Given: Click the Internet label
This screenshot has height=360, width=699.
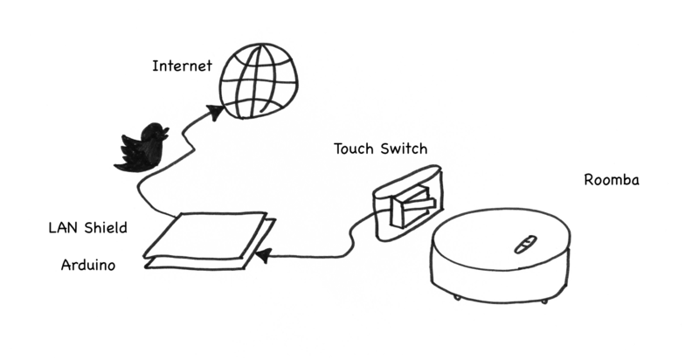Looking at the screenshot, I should pos(182,66).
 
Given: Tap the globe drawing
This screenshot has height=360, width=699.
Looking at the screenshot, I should pos(257,80).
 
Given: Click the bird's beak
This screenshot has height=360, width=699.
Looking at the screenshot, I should pos(166,132).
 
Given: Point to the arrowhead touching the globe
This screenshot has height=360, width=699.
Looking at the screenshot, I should pos(212,113).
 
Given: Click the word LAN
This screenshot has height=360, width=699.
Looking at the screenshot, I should pos(64,228).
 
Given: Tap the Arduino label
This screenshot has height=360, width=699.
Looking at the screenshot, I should pos(88,264).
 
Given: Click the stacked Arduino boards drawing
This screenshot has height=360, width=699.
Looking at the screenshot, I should pos(207,239).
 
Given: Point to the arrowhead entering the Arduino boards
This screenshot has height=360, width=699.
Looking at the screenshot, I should pos(262,255).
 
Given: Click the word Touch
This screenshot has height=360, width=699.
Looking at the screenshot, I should pos(354,148).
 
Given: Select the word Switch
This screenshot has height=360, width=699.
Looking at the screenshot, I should pos(403,148).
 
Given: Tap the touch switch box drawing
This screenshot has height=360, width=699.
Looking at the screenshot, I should pos(407,203).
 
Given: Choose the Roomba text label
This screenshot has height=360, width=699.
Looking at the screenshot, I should pos(612,181).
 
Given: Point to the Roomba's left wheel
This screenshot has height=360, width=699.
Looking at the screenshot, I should pos(458,299).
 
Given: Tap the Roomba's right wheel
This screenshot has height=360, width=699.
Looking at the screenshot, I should pos(543,301).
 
